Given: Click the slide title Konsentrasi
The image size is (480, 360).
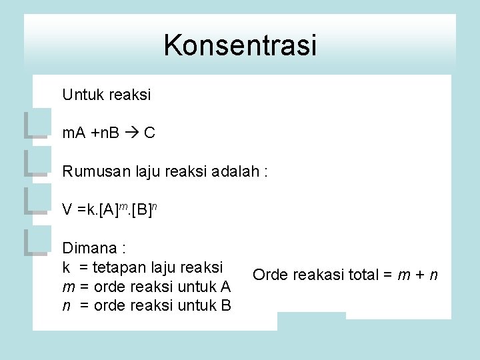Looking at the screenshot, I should coord(240,45).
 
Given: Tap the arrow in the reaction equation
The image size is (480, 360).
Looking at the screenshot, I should coord(131,133).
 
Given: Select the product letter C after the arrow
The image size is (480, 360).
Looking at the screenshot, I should coord(149,133).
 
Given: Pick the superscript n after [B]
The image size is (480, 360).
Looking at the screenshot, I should coord(154,207).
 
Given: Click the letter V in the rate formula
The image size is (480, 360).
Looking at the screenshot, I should coord(67,210).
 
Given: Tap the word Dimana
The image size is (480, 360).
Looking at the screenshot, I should coord(89,249).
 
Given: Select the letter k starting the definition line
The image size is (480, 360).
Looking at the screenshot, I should coord(66,267).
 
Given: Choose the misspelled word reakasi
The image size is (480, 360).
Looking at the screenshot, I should coord(315,275).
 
